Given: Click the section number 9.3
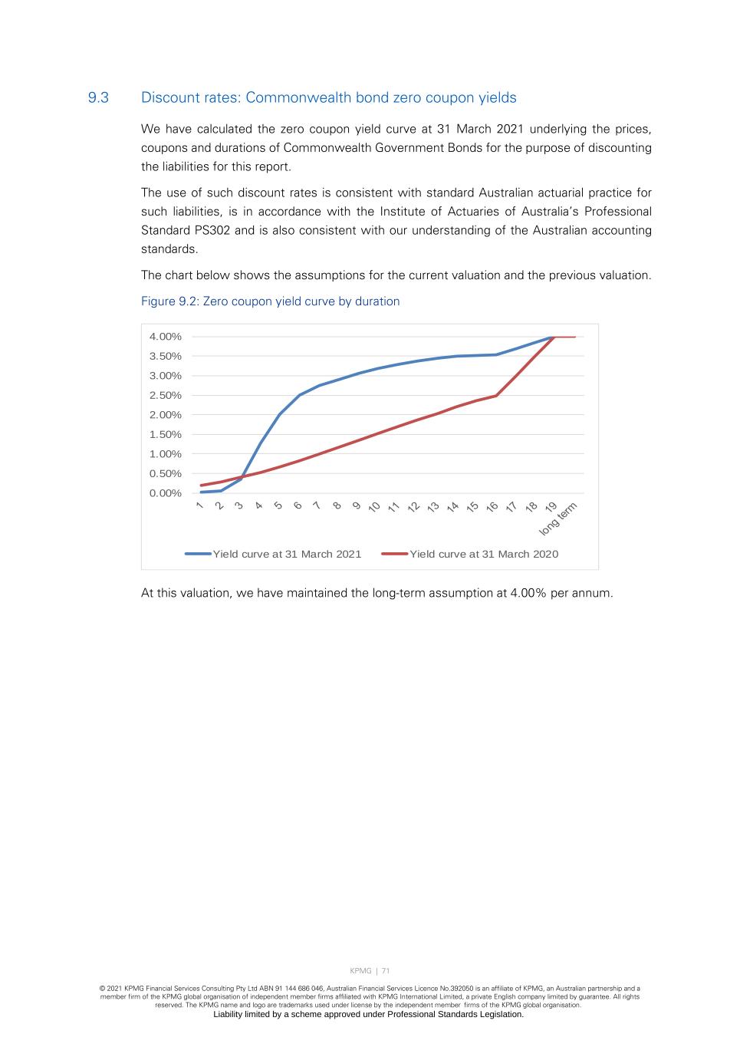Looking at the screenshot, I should point(98,98).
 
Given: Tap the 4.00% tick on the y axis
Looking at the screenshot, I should point(166,337).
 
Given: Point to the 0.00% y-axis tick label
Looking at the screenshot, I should point(166,493).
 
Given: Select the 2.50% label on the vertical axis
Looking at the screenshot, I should point(166,396).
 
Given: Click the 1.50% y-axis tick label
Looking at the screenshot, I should point(166,435).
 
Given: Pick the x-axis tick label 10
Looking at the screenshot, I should point(375,507).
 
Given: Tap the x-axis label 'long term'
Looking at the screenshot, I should point(557,519).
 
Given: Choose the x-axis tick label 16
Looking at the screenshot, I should point(492,507).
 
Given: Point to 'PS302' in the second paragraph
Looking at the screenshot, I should point(212,230).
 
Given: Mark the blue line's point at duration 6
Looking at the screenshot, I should point(299,395).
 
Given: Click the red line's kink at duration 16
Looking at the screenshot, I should point(496,396).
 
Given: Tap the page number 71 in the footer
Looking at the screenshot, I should point(386,971).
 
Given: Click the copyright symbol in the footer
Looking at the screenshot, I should point(103,989).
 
